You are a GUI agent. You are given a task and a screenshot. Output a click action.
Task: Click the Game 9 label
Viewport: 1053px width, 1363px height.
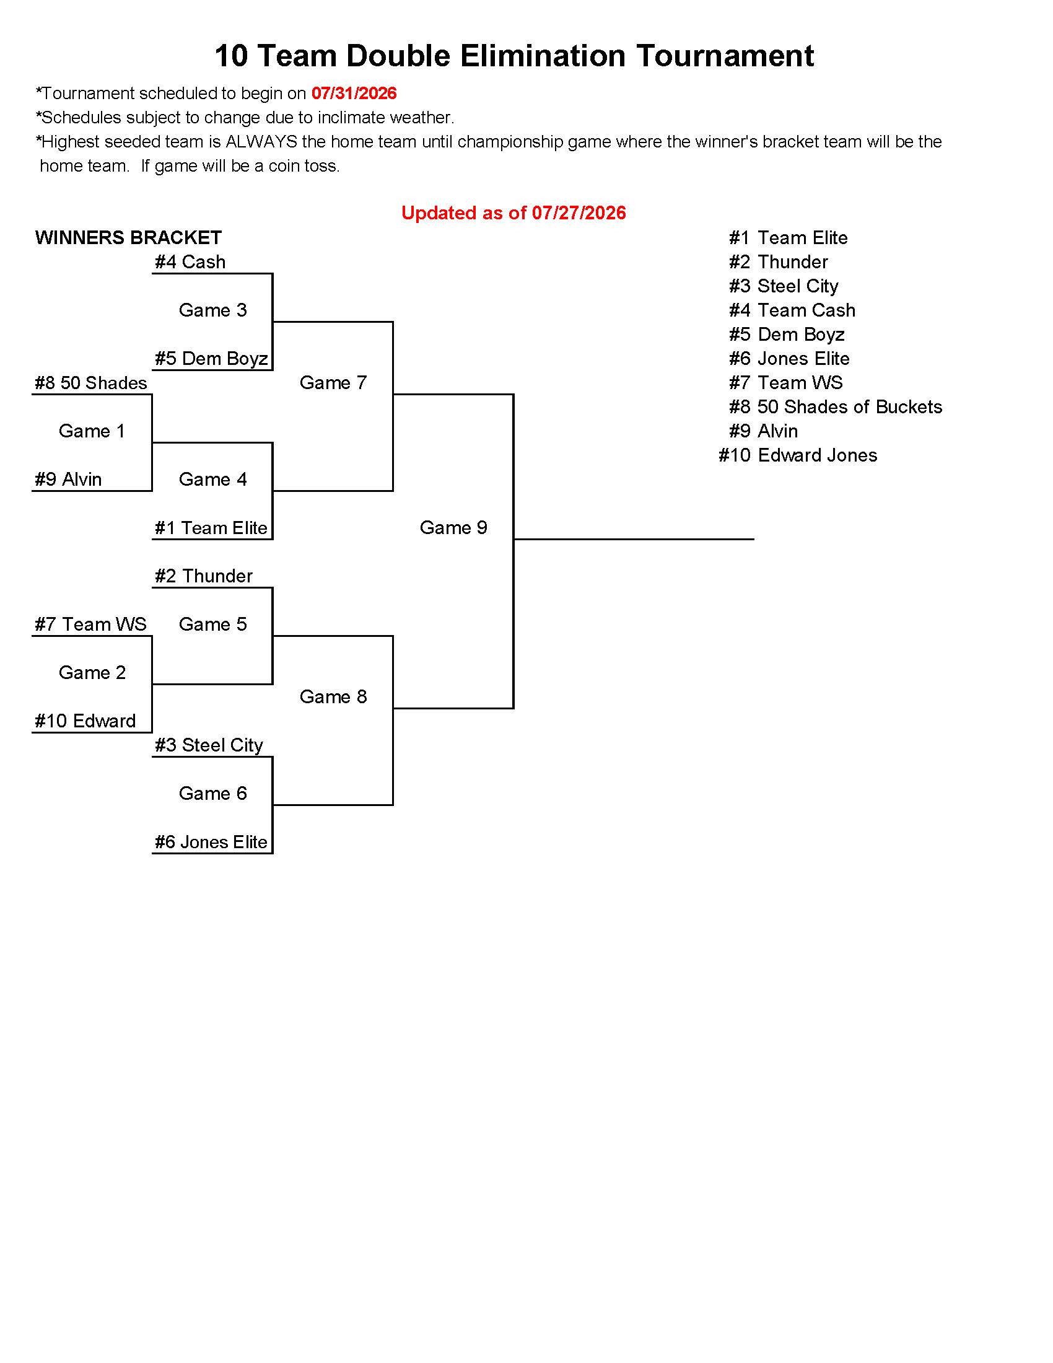[453, 527]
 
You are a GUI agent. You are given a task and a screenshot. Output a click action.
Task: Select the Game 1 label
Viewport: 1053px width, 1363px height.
[92, 431]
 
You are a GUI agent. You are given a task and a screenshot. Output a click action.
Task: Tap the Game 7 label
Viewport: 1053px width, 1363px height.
[333, 382]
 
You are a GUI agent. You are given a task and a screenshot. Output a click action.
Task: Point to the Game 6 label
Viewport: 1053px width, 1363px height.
[212, 793]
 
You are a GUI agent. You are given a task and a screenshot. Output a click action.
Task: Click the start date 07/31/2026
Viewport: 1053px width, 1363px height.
[354, 94]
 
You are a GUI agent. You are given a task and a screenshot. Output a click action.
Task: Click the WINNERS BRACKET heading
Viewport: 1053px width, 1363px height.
[128, 238]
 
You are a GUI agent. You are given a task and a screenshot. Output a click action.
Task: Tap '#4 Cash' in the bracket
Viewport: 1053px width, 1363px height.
[190, 262]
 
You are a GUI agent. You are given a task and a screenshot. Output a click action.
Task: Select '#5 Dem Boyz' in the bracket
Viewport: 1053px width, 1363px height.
[211, 359]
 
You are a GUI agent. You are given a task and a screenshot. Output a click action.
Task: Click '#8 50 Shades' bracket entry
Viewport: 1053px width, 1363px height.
[91, 383]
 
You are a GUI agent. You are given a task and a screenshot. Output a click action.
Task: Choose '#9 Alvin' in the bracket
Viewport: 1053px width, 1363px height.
[68, 480]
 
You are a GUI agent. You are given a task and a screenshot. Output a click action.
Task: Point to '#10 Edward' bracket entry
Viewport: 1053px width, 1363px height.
[85, 721]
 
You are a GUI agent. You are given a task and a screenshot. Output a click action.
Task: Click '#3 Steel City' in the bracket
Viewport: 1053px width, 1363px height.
[209, 745]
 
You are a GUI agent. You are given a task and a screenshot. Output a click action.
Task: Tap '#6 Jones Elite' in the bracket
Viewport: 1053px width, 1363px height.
[211, 842]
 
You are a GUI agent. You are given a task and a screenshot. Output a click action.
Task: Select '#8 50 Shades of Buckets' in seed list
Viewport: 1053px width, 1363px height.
[836, 407]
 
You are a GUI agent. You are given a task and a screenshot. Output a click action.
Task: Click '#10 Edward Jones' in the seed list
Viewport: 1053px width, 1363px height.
[798, 455]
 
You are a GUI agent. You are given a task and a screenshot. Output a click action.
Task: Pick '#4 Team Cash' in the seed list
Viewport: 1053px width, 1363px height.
[792, 310]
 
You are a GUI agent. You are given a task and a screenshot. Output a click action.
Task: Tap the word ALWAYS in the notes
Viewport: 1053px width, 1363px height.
[261, 142]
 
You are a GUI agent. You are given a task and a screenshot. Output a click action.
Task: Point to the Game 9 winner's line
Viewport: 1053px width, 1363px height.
[634, 539]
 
